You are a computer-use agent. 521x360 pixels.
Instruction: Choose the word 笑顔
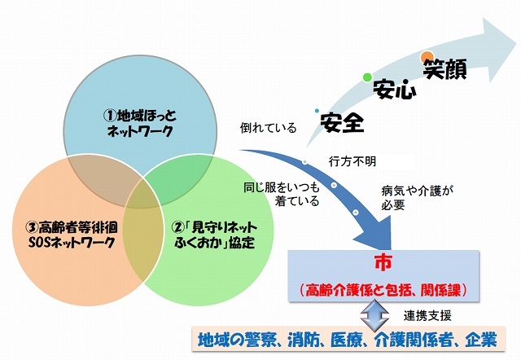click(x=444, y=70)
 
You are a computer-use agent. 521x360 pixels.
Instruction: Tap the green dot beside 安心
click(x=367, y=77)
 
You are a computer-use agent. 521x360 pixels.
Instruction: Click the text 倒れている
click(x=268, y=128)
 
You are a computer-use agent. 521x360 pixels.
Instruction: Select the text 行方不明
click(x=352, y=160)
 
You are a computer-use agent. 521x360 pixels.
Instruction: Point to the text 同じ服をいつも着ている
click(x=281, y=195)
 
